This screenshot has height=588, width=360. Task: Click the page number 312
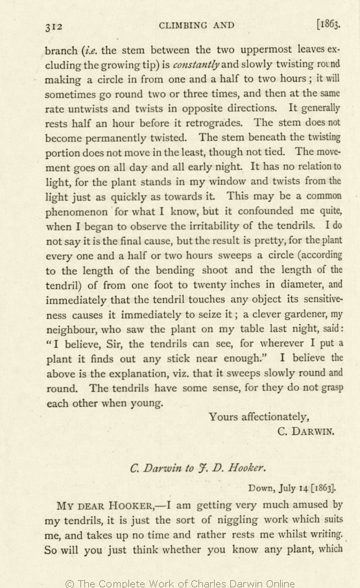(53, 27)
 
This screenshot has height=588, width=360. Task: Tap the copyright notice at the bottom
(180, 583)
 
